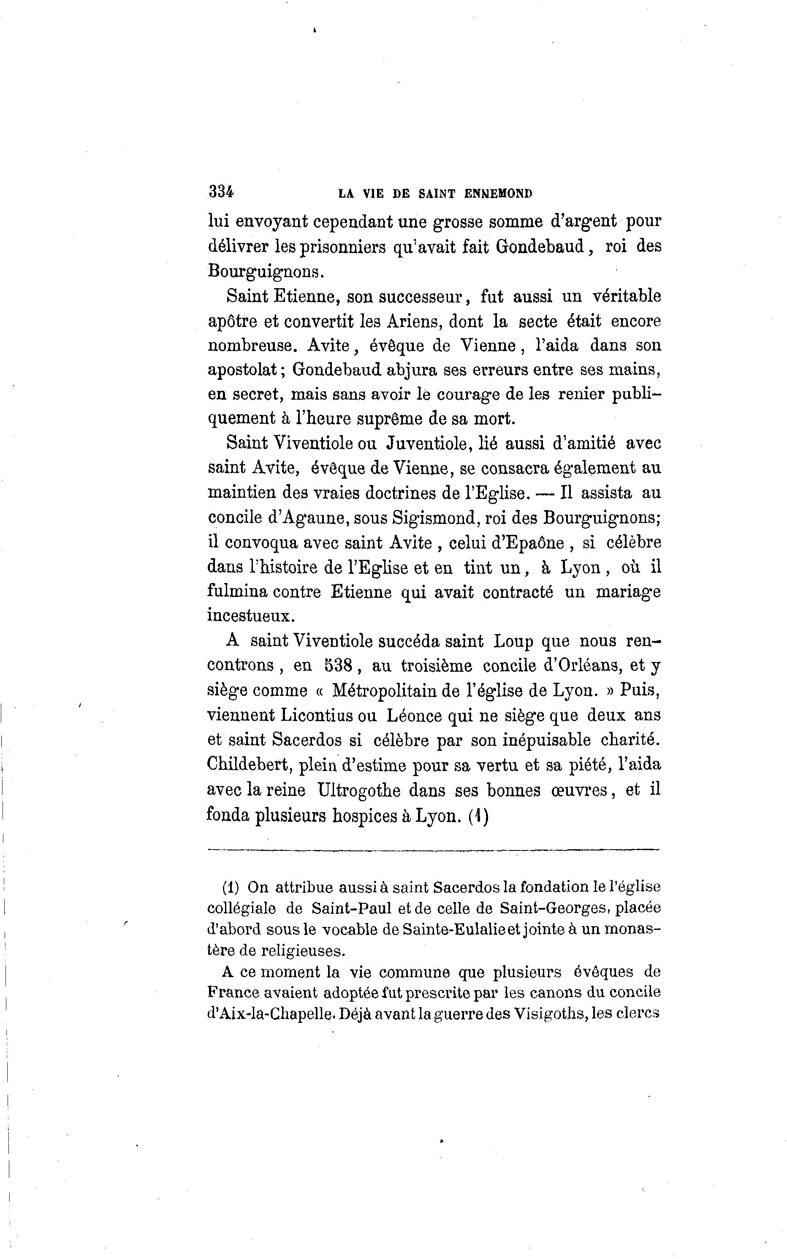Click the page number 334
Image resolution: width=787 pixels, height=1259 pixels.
click(221, 192)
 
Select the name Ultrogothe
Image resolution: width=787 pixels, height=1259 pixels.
click(358, 790)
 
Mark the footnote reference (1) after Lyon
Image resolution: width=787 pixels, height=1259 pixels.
click(478, 816)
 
